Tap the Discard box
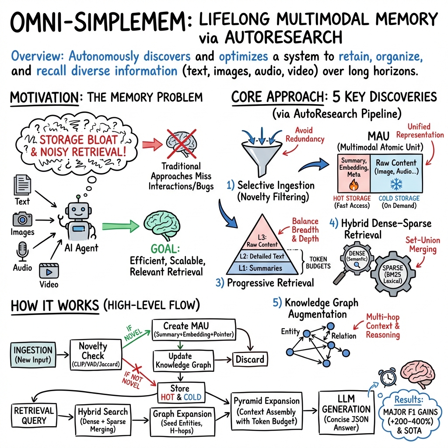click(250, 359)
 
